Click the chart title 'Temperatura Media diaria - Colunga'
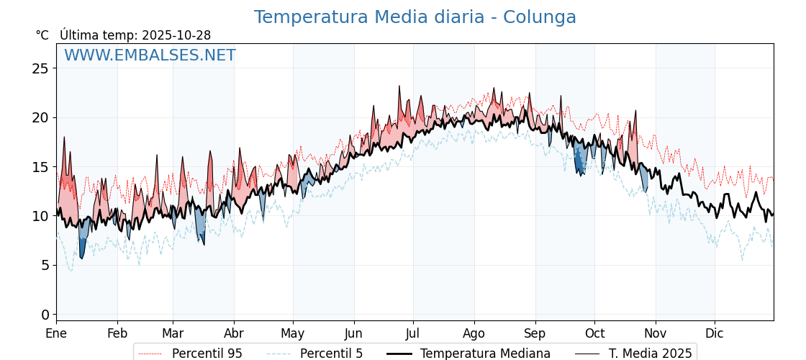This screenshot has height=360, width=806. coord(415,17)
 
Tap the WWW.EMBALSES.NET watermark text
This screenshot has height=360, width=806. coord(150,55)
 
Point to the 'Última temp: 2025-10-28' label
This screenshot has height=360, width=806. coord(135,35)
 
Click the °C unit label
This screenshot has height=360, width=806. coord(42,35)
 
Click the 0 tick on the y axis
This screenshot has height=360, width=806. coord(45,315)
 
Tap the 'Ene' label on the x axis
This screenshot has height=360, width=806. coord(56,334)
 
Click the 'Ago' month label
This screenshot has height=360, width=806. coord(474,334)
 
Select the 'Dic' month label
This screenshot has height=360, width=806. coord(715,334)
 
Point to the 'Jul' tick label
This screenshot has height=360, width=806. coord(413,334)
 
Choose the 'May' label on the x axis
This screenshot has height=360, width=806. coord(293,334)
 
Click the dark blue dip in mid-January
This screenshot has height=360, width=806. coord(82,248)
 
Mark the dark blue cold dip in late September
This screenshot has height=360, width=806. coord(579,164)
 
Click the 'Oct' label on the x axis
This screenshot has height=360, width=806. coord(594,334)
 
